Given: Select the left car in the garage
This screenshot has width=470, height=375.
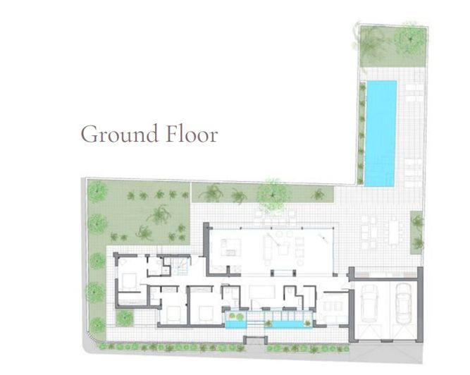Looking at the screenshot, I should (370, 304).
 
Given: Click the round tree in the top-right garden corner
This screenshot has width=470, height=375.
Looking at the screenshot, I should (409, 39).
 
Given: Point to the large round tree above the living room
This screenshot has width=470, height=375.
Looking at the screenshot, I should (271, 191).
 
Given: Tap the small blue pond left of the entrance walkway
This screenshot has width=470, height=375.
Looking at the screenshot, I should (234, 324).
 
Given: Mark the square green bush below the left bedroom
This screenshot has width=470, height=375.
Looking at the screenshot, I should (124, 319).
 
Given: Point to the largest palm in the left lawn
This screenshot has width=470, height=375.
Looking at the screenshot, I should (159, 216).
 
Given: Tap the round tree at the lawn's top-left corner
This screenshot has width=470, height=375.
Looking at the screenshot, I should (97, 190).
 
